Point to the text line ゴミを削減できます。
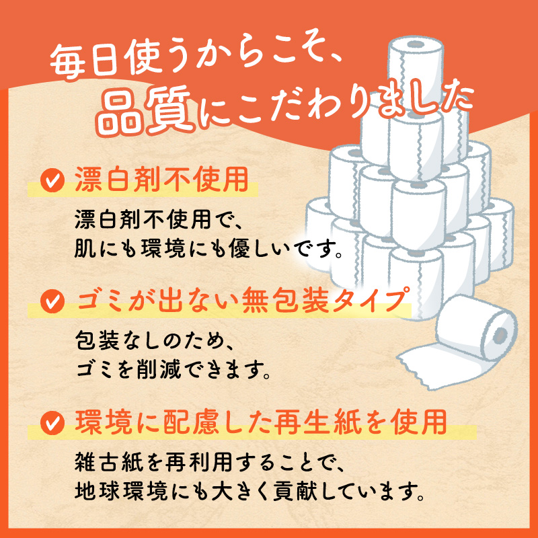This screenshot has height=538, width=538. click(x=175, y=369)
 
